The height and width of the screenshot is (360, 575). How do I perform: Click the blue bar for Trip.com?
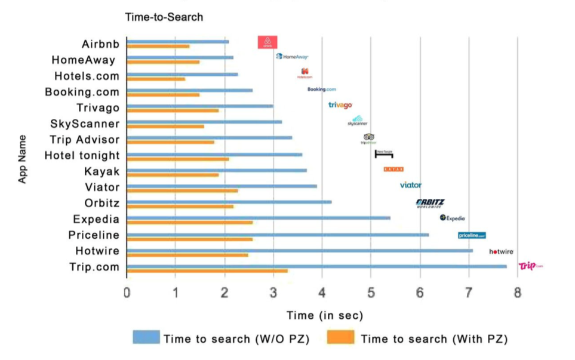pos(316,266)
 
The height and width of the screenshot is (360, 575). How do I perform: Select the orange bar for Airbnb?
pos(158,46)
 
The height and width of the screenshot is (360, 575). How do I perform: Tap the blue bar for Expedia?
pos(259,218)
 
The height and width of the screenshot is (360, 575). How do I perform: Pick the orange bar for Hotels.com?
pos(156,78)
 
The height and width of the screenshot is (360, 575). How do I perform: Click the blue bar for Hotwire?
pos(300,250)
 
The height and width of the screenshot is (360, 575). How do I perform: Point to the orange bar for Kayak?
pos(173,174)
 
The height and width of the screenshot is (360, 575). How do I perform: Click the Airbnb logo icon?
pos(267,42)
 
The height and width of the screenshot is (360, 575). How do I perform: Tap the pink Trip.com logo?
pos(530,266)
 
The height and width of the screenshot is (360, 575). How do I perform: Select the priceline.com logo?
pos(472,235)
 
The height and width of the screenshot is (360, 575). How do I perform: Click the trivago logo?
pos(340,105)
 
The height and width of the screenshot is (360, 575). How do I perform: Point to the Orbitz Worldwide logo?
pos(430,203)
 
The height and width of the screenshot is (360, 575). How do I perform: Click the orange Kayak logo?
pos(393,170)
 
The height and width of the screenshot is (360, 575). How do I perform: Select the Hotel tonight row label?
pos(82,156)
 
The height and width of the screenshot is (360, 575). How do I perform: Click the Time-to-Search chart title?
pos(164,17)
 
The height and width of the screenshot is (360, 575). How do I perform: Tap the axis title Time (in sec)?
pos(324,315)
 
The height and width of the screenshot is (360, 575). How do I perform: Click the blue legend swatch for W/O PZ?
pos(146,338)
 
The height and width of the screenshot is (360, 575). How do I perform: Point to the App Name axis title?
pos(23,159)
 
